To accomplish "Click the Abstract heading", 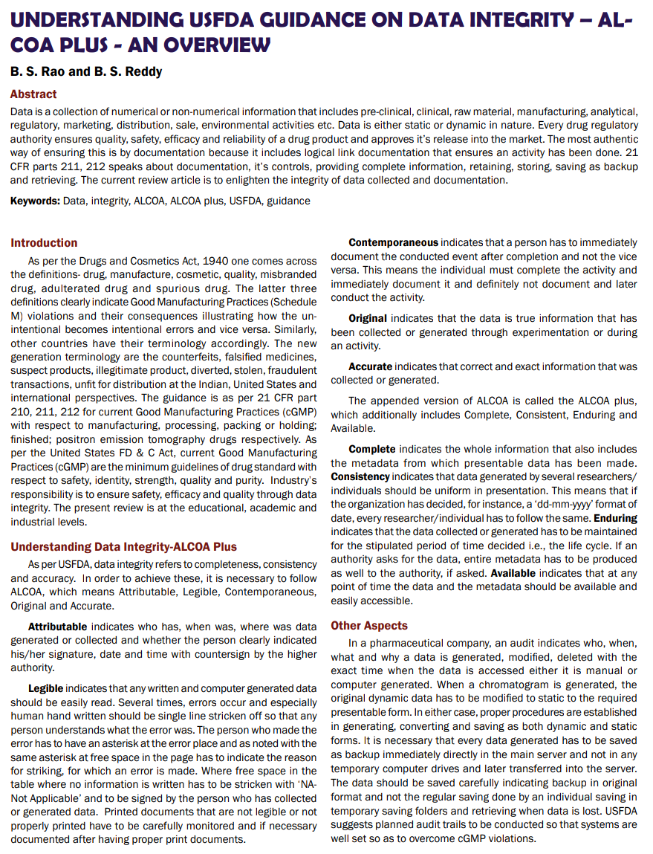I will pos(33,94).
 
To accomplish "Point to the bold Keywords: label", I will pos(36,201).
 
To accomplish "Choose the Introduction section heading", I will pos(44,243).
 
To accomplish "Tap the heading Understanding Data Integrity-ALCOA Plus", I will pos(123,547).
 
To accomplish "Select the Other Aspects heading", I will pos(369,626).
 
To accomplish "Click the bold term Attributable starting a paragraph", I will pos(57,627).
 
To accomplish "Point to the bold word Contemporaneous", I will pos(393,242).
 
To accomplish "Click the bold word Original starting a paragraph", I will pos(368,318).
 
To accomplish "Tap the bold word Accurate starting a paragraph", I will pos(370,366).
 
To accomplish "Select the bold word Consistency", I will pos(360,476).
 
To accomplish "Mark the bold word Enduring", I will pos(616,517).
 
